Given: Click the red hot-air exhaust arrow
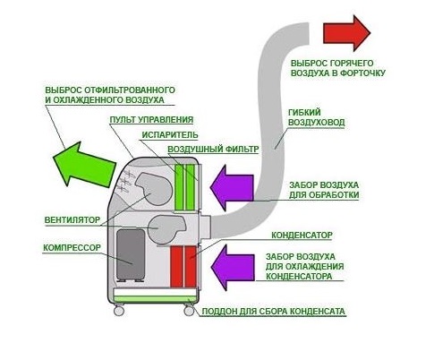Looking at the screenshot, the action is pos(346,33).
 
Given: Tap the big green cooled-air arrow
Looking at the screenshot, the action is pos(84,165).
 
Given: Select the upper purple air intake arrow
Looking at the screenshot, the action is pos(232,187).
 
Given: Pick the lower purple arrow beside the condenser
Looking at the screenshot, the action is pos(233,268).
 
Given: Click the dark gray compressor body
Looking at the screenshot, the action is pos(131,254).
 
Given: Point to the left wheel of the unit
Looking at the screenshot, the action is pos(119,311).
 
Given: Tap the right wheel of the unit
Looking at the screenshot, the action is pos(189,311).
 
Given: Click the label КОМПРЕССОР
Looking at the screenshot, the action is pos(72,248).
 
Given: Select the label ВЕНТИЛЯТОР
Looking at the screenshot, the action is pos(72,220).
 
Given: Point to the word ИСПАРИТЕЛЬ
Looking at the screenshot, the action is pos(170,135).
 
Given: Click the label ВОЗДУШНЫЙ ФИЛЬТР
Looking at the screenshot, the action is pos(213,150).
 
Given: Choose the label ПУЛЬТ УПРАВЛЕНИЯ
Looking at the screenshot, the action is pos(151,120).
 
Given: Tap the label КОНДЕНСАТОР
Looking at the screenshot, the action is pos(302,236).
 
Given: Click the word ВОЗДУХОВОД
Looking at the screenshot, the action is pos(317,123).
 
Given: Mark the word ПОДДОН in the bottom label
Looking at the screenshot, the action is pos(218,312).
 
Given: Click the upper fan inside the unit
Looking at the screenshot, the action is pos(154,188).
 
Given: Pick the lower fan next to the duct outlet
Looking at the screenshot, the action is pos(167,227).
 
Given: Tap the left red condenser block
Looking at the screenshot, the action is pos(176,267).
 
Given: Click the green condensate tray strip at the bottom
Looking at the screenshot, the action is pos(155,299).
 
